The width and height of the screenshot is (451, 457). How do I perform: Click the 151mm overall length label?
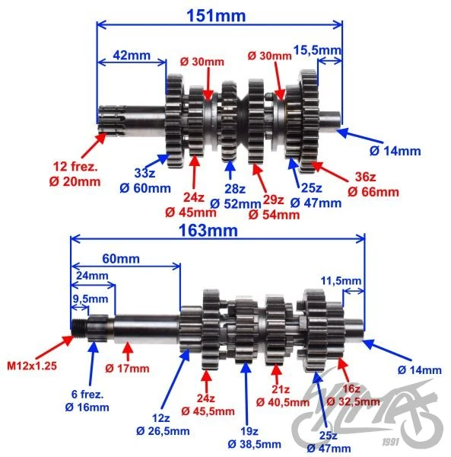click(x=216, y=16)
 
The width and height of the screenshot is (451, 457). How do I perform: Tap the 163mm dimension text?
click(x=208, y=231)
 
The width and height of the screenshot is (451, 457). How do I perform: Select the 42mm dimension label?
click(x=132, y=55)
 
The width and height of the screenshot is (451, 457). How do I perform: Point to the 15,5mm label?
click(x=317, y=50)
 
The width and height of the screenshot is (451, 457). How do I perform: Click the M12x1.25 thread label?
click(x=32, y=366)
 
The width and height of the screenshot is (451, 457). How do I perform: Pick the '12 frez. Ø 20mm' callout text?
click(x=75, y=174)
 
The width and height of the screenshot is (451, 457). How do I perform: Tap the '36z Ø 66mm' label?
click(x=373, y=184)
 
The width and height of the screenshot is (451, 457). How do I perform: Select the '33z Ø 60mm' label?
click(x=145, y=181)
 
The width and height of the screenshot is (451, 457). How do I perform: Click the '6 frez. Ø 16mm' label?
click(x=87, y=401)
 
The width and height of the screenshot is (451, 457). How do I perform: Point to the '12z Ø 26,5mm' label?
click(x=163, y=424)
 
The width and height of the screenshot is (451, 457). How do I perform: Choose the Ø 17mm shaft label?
click(x=127, y=369)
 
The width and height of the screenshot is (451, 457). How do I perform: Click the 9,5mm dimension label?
click(x=91, y=299)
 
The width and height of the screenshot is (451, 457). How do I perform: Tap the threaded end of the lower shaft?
click(x=79, y=328)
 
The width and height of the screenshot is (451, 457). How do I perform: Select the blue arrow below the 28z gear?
click(x=230, y=170)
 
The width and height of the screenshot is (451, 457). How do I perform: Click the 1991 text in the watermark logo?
click(x=391, y=442)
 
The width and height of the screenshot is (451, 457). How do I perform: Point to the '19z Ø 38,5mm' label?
click(x=255, y=438)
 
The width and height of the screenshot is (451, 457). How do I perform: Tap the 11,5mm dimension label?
click(x=341, y=281)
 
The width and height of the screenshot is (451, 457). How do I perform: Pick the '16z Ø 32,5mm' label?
click(x=353, y=395)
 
